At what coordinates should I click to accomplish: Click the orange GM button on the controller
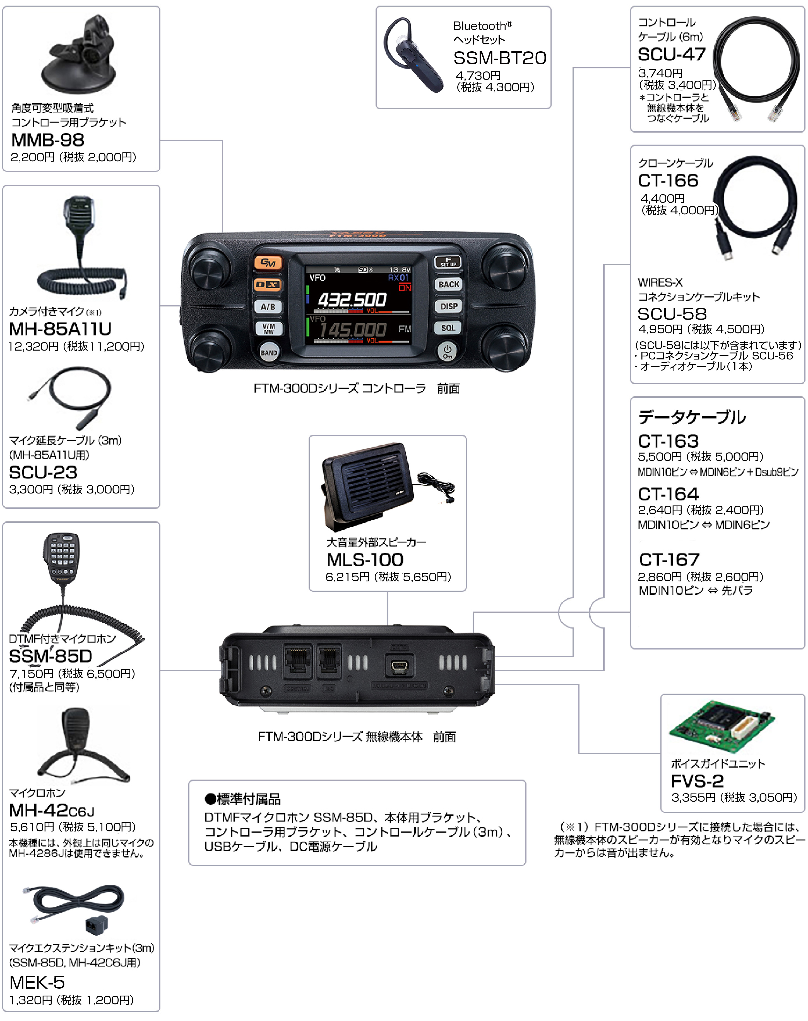268,263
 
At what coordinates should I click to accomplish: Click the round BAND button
269,353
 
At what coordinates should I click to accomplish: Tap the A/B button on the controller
268,306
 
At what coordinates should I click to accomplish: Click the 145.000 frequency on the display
352,330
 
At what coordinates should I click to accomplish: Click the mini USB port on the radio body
400,667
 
